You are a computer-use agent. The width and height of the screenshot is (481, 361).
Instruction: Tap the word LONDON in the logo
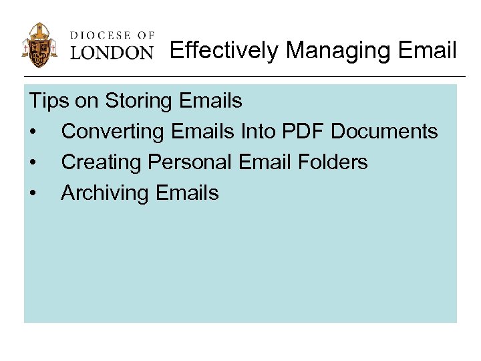click(x=112, y=52)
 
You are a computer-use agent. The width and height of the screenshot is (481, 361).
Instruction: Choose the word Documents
click(x=385, y=132)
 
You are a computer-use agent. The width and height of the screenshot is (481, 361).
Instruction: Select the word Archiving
click(x=106, y=193)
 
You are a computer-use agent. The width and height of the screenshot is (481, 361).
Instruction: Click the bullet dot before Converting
click(x=33, y=132)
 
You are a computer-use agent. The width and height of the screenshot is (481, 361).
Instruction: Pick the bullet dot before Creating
click(x=33, y=163)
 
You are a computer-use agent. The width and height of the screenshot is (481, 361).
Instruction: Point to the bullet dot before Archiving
click(x=33, y=194)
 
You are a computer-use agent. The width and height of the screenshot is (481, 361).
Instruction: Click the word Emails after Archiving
click(x=188, y=193)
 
